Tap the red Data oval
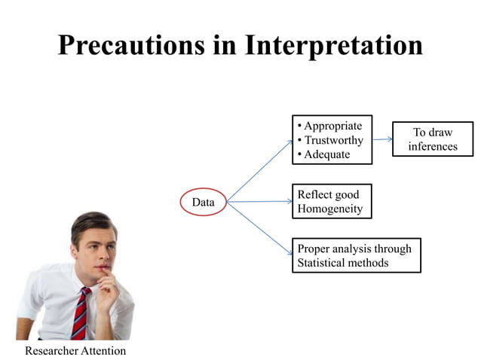[203, 202]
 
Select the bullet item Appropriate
[332, 126]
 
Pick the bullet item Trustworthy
[333, 140]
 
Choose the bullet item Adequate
[326, 154]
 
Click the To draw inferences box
[433, 139]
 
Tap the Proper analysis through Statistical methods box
[356, 255]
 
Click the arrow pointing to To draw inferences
[382, 139]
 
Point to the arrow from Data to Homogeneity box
[259, 201]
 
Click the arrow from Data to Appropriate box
[260, 170]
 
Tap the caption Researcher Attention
[75, 351]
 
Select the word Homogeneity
[329, 209]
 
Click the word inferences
[433, 146]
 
